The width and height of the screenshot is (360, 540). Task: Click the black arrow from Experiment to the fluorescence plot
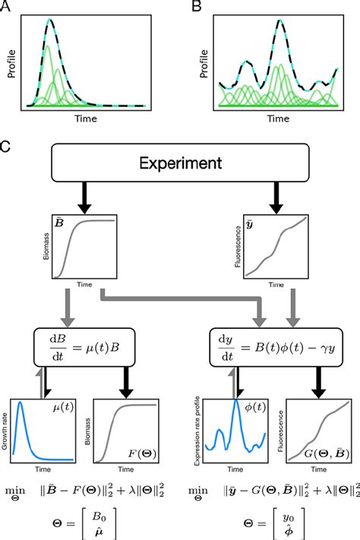point(274,198)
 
